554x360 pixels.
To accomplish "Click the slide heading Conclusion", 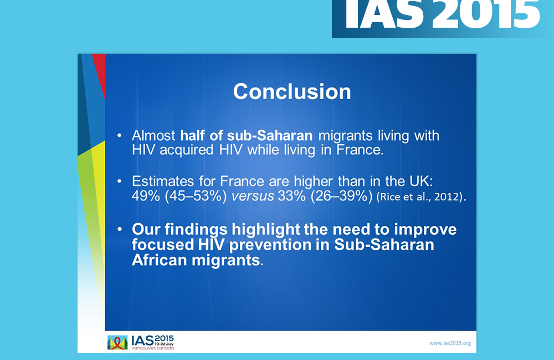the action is point(292,91).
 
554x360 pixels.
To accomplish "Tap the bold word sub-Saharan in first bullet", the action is point(270,136).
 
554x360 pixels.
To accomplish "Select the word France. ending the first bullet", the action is point(360,150).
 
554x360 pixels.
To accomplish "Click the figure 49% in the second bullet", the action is point(146,196).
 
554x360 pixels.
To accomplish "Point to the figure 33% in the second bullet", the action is point(292,196).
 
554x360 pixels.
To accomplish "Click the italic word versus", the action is point(253,196).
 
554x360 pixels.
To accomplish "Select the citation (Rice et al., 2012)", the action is point(422,197).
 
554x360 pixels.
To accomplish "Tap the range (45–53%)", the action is point(196,196).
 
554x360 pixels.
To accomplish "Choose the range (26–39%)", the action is point(342,196).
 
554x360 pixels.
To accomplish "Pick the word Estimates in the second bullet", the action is point(163,181).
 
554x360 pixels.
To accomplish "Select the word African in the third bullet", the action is point(160,260).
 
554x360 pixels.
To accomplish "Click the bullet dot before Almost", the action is point(120,136).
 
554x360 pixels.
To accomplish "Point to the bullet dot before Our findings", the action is point(120,229).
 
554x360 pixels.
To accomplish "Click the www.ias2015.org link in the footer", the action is point(450,343).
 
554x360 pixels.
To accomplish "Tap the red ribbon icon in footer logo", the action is point(117,343).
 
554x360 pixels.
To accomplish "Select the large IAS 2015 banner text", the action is point(442,14).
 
